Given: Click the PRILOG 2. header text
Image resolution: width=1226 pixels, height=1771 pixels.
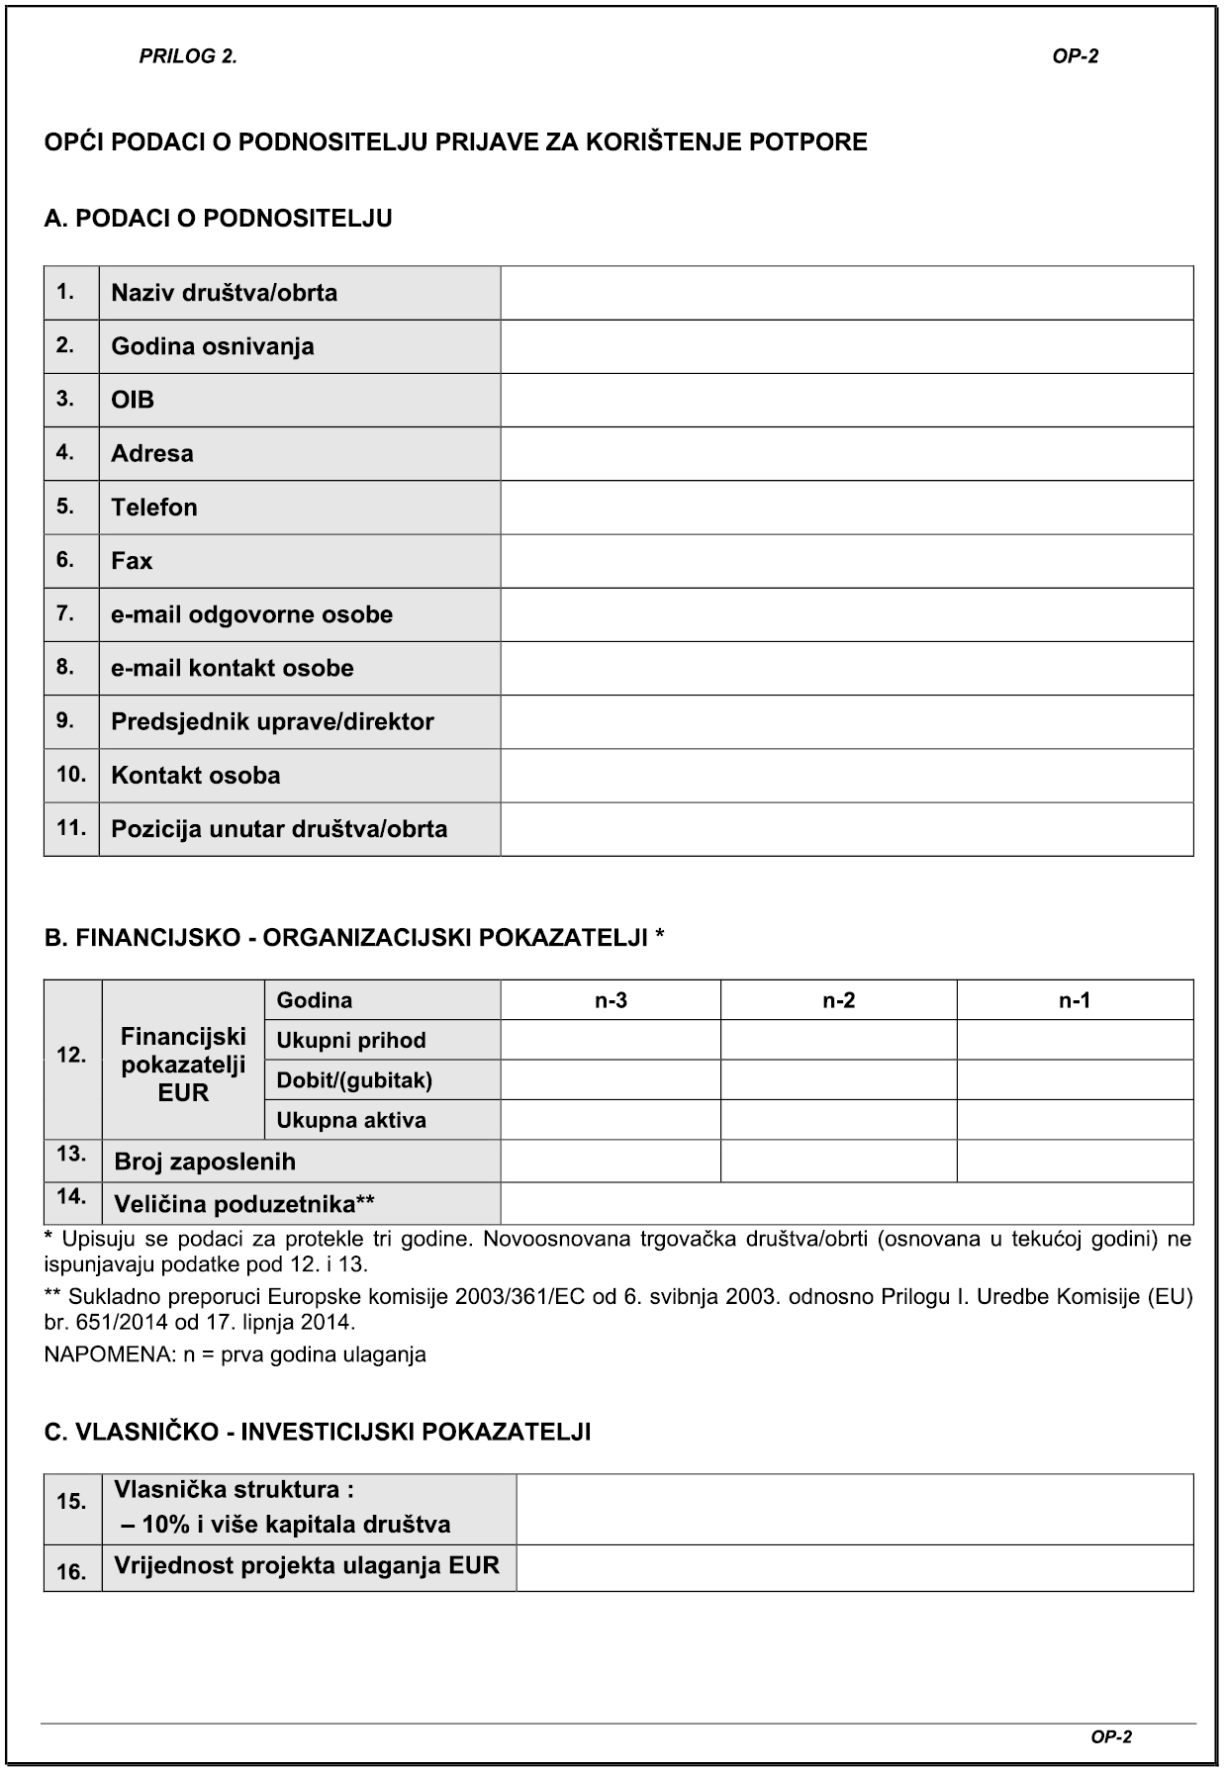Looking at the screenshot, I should pos(188,56).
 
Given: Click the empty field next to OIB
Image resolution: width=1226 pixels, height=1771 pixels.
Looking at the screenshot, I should pos(846,400).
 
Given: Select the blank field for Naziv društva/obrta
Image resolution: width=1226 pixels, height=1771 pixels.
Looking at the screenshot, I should pos(846,293).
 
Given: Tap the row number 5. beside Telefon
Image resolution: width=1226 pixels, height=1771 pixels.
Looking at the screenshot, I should pos(65,507).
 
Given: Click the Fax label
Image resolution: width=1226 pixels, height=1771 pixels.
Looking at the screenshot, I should pos(132,561).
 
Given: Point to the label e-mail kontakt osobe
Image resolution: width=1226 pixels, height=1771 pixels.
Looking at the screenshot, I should pos(232,668).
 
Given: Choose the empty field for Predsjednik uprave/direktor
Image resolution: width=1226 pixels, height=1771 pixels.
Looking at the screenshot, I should pos(846,721).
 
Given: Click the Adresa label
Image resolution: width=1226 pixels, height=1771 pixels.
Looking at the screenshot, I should pos(152,453).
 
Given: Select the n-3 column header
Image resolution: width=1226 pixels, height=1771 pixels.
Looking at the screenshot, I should pos(611,1000).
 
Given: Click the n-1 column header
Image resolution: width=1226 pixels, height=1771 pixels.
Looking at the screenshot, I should pos(1075,1000).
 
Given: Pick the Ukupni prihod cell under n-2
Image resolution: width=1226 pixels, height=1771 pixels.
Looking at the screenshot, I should pos(838,1040).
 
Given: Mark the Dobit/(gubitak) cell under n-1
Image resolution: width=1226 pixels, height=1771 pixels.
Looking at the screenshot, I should pos(1075,1079).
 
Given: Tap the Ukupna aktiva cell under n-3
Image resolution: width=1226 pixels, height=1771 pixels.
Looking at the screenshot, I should pos(611,1120).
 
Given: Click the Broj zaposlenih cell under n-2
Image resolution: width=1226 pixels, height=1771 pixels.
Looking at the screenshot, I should pos(838,1161).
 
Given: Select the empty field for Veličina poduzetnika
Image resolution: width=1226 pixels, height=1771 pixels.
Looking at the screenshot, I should pos(846,1204).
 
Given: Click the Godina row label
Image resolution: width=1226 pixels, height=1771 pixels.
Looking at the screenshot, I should pos(315,1000).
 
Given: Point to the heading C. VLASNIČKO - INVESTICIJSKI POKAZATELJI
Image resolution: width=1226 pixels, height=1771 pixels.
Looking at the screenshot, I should pos(318,1432).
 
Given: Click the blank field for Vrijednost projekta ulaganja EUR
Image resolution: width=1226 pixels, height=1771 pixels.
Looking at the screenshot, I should pos(854,1568).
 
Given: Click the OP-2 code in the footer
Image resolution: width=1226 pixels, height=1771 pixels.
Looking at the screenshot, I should pos(1110,1736).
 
